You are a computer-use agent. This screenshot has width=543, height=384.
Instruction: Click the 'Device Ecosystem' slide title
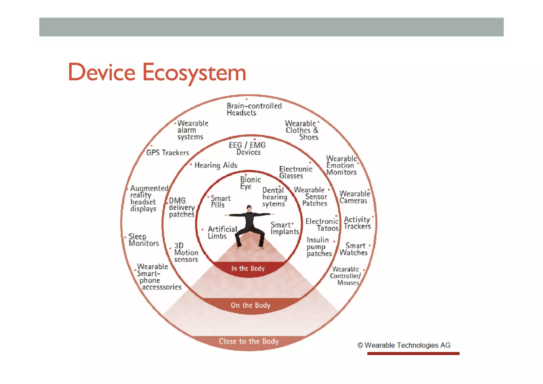157,72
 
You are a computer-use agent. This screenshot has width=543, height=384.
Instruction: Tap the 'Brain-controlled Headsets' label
254,109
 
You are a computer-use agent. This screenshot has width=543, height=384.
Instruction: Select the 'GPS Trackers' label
168,153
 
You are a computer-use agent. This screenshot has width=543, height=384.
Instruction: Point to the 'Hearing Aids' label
216,165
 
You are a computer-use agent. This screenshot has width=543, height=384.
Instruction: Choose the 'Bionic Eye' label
250,183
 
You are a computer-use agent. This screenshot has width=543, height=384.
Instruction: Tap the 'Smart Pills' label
220,202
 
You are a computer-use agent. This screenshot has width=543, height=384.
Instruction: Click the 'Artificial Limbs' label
222,232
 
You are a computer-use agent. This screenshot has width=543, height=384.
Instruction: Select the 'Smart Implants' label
284,228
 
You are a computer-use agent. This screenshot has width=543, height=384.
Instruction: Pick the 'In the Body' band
248,269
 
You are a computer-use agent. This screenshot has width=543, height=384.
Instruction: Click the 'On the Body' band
251,305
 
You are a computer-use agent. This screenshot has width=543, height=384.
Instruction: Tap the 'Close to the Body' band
249,341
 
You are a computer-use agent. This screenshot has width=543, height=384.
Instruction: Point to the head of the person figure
249,208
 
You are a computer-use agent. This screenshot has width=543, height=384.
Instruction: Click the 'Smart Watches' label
354,249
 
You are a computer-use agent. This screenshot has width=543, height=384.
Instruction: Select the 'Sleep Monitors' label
143,240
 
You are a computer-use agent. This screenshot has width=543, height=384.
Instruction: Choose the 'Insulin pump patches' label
319,247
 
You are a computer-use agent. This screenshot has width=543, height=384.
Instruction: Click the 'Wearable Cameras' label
354,197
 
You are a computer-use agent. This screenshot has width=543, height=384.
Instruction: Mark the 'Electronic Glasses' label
295,172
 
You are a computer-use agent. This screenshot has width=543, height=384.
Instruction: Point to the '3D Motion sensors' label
186,252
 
